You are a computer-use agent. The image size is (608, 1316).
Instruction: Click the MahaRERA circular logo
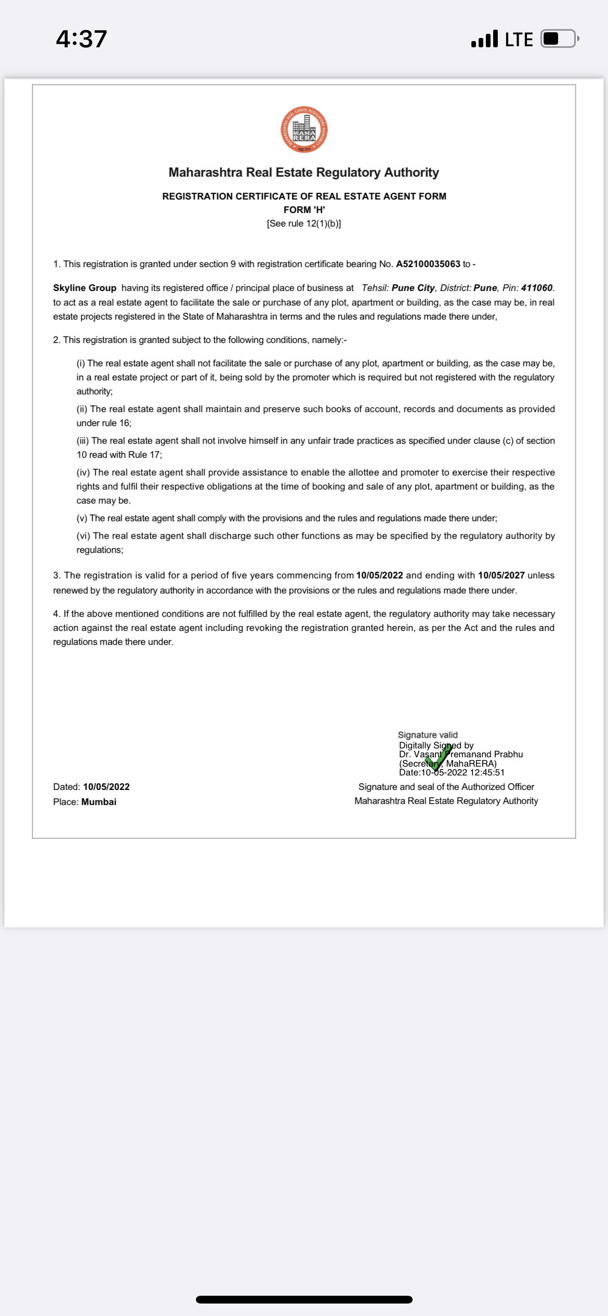304,130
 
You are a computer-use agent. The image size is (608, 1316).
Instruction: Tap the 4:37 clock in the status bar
82,39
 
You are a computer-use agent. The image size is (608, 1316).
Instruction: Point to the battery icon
559,39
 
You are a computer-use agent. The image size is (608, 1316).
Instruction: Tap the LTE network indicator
519,40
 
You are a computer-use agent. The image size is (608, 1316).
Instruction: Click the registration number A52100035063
428,264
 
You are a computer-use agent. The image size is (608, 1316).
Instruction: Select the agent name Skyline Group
85,288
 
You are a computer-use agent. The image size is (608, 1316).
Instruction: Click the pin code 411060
536,288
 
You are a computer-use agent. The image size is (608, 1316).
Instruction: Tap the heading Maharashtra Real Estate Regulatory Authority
303,173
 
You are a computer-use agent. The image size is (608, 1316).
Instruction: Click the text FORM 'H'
304,210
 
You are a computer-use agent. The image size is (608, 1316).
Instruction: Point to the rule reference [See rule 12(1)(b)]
303,223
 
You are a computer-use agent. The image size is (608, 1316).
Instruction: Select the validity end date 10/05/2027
501,575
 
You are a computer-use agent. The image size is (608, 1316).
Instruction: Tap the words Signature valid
428,735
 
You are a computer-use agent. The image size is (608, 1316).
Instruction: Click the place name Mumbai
99,802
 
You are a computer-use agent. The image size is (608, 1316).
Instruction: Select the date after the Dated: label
107,787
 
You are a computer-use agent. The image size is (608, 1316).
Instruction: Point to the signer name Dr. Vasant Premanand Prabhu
461,754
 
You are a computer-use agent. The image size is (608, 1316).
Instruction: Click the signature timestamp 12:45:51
487,772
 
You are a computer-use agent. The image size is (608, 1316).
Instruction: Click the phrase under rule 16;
104,423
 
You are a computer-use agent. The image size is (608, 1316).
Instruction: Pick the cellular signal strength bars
484,39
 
